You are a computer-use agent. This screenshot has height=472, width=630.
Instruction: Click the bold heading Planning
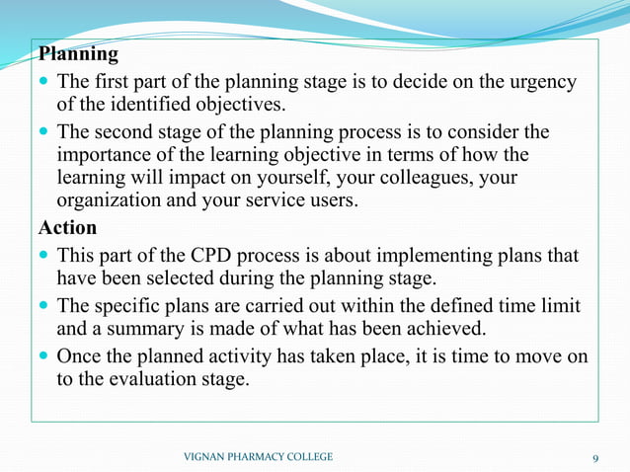click(78, 53)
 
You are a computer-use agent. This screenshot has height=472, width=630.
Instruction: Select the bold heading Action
click(67, 227)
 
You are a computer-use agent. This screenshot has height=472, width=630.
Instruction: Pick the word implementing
click(414, 255)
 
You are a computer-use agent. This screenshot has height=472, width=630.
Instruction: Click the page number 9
click(595, 457)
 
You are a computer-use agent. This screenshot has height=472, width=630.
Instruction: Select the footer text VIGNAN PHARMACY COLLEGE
click(259, 457)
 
